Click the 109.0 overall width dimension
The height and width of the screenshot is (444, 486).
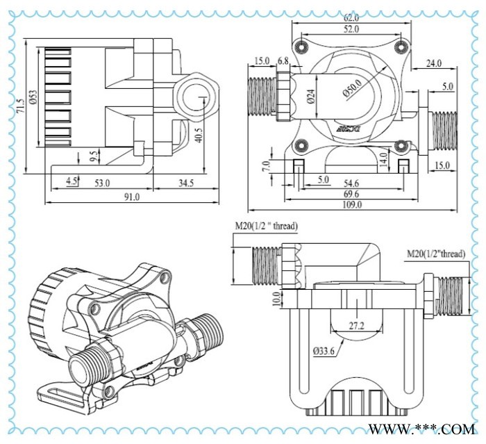[352, 205]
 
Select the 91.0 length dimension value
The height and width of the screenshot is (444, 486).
[132, 197]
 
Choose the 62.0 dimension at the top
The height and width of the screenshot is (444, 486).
[351, 18]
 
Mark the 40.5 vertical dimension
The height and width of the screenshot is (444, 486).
[199, 134]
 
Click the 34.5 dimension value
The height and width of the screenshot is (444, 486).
[185, 183]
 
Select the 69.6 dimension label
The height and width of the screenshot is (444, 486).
[351, 193]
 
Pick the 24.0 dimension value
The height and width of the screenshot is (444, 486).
[434, 64]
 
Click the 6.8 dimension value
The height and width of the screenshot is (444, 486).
[283, 61]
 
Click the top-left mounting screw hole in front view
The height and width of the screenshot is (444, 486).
[300, 47]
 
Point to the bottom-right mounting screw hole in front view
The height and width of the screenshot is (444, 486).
[400, 145]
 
